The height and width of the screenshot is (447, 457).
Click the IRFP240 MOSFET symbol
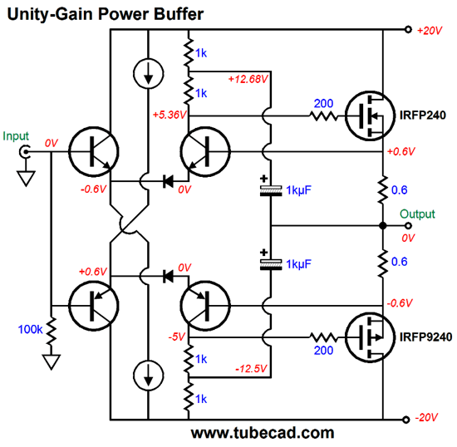pos(370,115)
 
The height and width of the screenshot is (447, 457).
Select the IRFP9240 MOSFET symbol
pos(370,337)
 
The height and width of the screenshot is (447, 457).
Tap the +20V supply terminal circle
pos(408,29)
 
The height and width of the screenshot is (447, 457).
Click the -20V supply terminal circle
pos(406,420)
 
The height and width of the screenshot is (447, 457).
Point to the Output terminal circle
pos(408,225)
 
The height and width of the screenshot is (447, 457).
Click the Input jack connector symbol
pos(25,151)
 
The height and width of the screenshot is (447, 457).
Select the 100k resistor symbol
pos(52,331)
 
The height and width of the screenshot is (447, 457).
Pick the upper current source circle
pos(149,73)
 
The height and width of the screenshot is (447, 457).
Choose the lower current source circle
pos(149,375)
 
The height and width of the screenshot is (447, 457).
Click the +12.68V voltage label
pos(248,79)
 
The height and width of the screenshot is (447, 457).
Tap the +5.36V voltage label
pos(170,115)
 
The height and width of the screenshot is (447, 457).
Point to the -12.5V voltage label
pos(251,369)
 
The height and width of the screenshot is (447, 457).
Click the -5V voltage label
pos(177,337)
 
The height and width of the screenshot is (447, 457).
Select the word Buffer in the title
pos(179,14)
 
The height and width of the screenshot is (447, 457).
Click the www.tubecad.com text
pos(263,433)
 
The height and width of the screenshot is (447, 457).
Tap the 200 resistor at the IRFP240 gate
pos(323,116)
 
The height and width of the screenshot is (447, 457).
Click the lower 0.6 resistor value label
pos(399,262)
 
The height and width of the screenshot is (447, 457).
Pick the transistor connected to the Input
pos(94,151)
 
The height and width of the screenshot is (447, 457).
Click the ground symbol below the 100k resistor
pos(52,362)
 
